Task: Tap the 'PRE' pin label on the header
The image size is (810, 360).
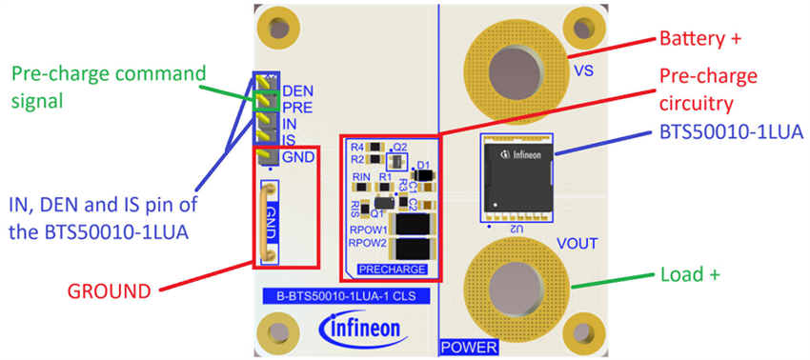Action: pos(298,108)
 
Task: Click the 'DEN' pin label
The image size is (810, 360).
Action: pos(299,91)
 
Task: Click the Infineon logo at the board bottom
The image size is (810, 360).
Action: pos(367,330)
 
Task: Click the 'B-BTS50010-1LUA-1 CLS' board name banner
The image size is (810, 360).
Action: pos(347,297)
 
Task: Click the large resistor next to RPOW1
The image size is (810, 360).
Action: pos(411,226)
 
